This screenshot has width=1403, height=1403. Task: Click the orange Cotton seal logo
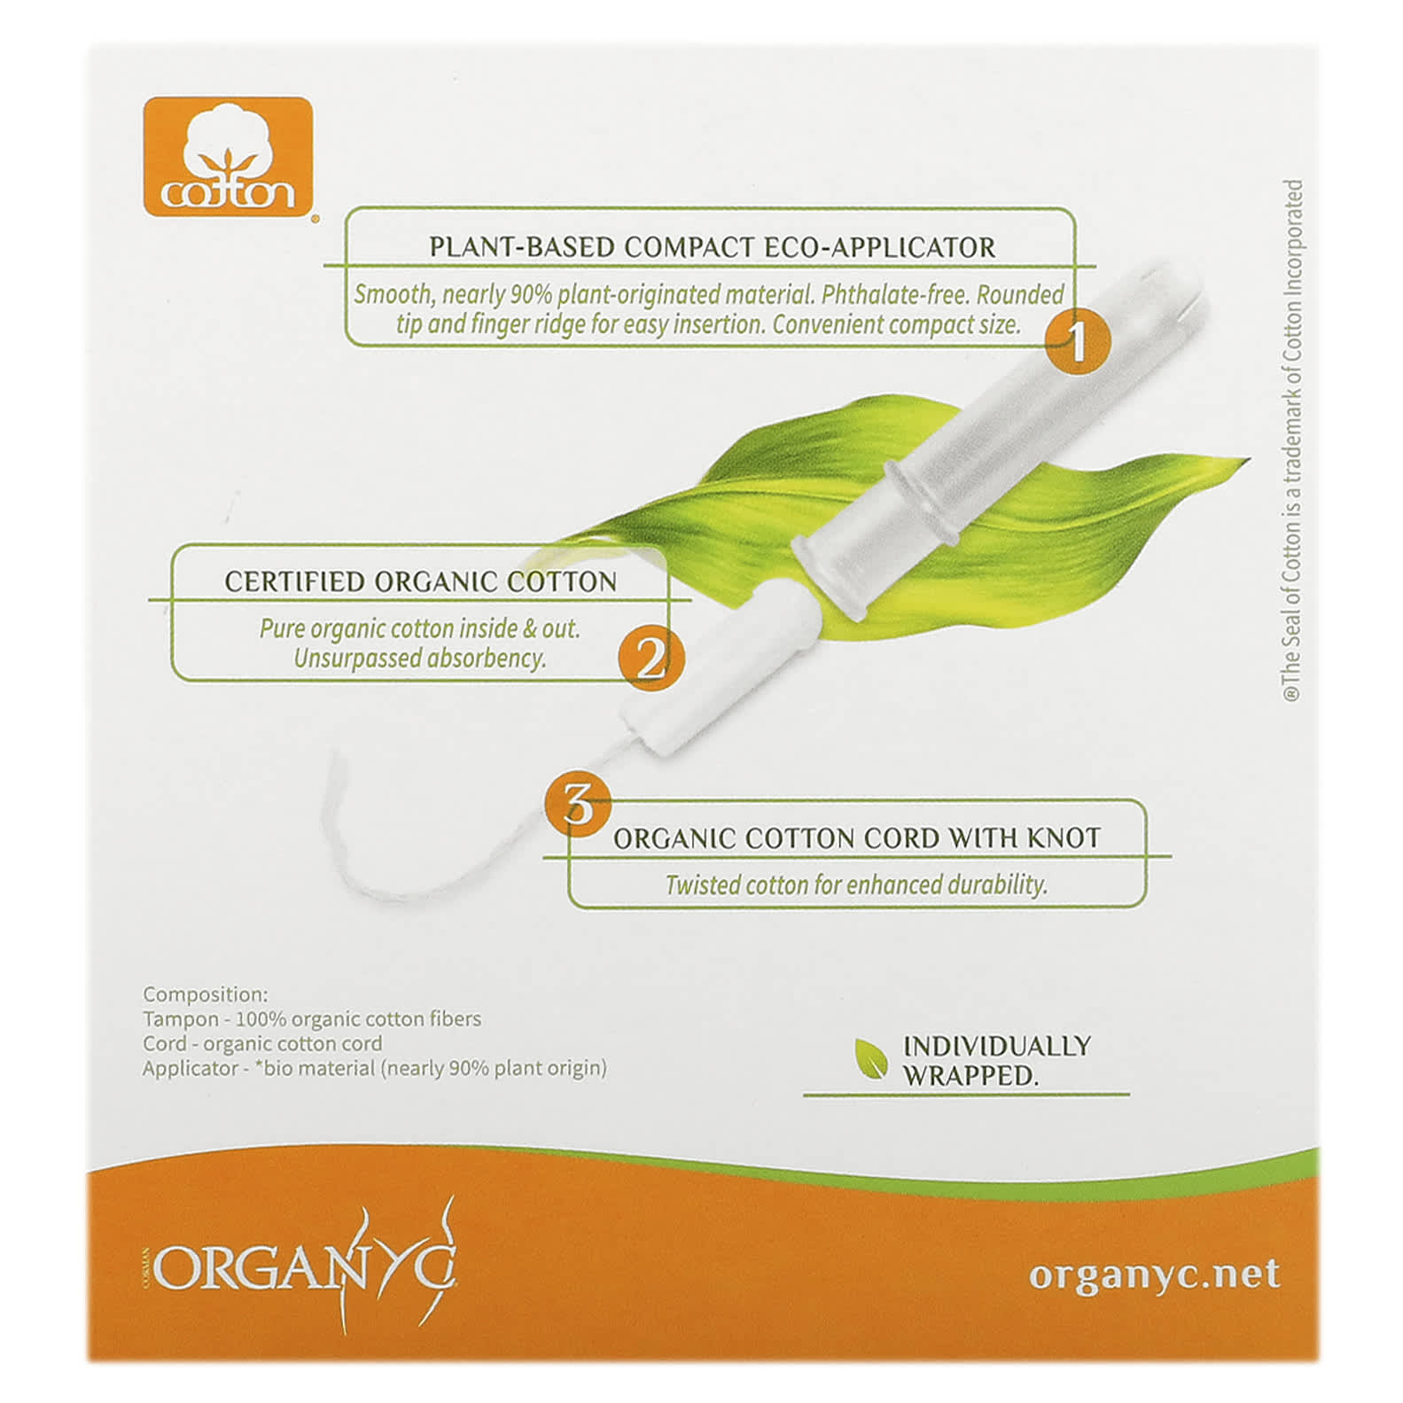click(x=228, y=156)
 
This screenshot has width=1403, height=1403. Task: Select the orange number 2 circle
click(x=651, y=658)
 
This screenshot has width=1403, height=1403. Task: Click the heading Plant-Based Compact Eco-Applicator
click(x=712, y=246)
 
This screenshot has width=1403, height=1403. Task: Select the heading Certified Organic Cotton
click(x=420, y=581)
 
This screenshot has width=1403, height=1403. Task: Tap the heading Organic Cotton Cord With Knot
click(x=856, y=838)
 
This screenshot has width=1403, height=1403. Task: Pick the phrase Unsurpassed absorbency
click(x=420, y=659)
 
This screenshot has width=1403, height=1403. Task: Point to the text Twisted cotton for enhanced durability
click(x=856, y=885)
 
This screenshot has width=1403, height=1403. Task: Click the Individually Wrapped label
click(x=996, y=1060)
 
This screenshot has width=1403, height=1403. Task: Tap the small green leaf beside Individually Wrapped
click(x=870, y=1058)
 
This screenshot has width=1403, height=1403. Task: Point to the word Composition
click(x=205, y=994)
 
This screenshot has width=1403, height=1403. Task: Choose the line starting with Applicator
click(x=375, y=1068)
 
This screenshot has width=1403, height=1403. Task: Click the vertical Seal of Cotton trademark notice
click(x=1293, y=441)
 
